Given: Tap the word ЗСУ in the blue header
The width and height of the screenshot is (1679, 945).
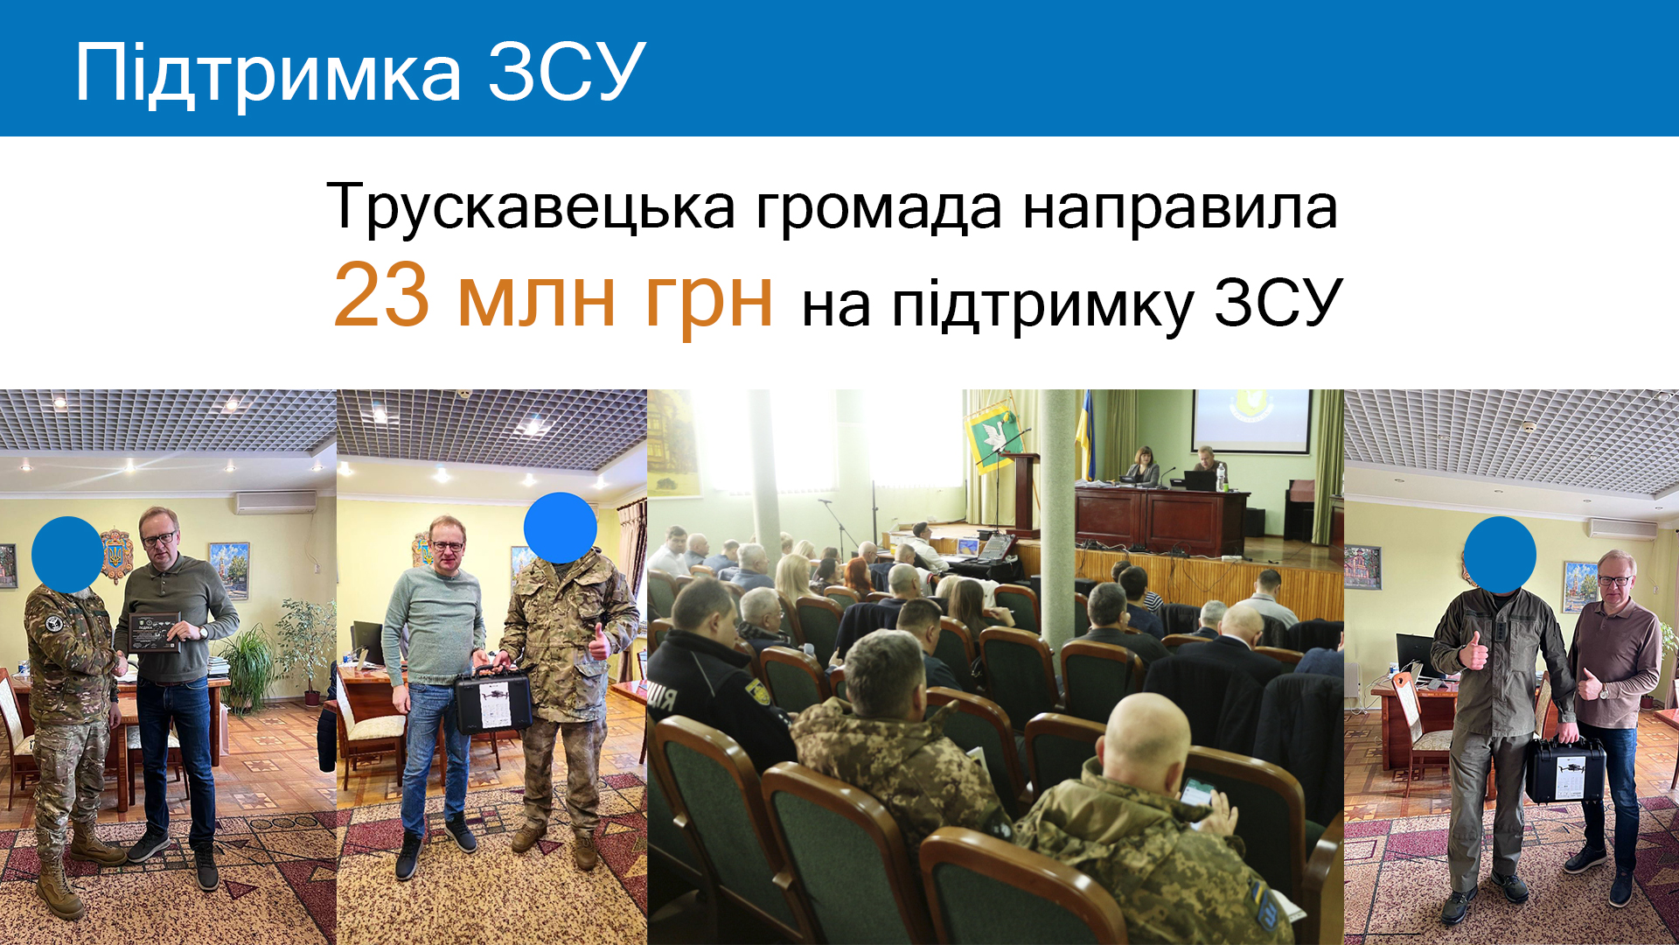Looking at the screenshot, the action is click(x=567, y=72).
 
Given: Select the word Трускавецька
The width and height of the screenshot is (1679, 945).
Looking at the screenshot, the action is click(x=531, y=209).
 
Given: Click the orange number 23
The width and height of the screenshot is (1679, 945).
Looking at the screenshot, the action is click(x=381, y=295).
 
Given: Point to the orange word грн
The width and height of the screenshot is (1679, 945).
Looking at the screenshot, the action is click(x=708, y=303).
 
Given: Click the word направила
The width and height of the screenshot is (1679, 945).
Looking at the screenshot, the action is click(x=1180, y=209).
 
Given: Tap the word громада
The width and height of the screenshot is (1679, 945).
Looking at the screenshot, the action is click(x=878, y=209).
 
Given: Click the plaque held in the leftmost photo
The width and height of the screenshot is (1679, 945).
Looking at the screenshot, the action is click(x=154, y=632).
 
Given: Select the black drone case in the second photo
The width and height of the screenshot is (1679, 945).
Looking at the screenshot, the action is click(x=493, y=700).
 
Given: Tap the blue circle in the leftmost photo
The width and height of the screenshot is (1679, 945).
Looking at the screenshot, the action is click(x=67, y=555).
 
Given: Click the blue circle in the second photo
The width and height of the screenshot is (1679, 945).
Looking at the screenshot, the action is click(x=561, y=528).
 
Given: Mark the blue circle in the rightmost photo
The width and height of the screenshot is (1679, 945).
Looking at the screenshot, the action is click(x=1500, y=555).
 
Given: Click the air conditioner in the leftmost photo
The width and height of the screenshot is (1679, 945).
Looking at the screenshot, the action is click(x=275, y=502).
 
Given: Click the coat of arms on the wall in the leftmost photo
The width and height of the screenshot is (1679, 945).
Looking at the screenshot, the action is click(x=116, y=555).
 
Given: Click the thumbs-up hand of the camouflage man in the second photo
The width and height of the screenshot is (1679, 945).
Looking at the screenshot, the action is click(x=599, y=643).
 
